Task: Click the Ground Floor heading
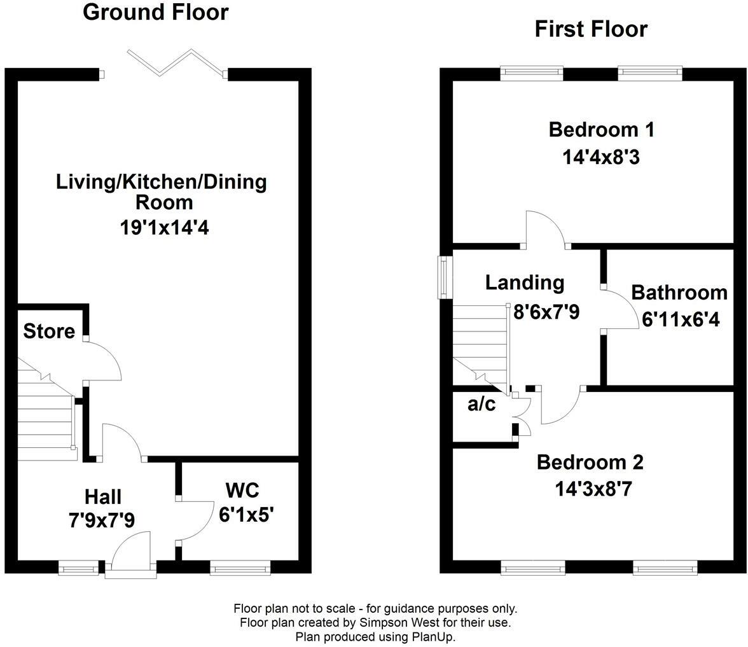155,13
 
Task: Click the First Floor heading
591,29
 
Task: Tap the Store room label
49,331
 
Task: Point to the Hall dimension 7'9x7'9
102,520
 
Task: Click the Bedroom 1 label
602,130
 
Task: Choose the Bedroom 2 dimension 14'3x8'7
593,489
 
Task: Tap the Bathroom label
679,293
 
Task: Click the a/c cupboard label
481,404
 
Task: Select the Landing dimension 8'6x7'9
546,312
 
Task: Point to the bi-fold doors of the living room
177,62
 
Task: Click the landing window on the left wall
444,277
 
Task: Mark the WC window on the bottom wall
240,568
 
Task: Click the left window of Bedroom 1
532,73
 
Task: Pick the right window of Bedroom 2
665,568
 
